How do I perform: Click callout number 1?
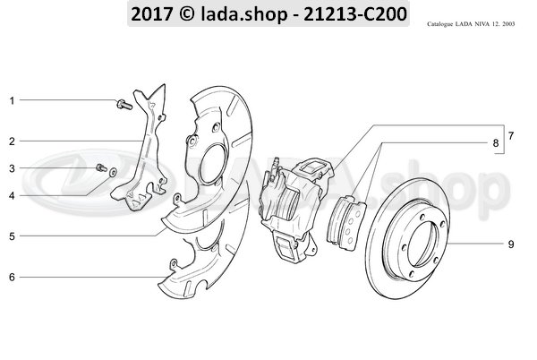[x=12, y=100]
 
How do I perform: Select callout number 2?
[x=12, y=141]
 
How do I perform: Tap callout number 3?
[x=12, y=168]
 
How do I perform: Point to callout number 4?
[x=12, y=195]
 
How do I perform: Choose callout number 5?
[x=12, y=236]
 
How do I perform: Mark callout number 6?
[x=12, y=277]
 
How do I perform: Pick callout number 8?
[x=495, y=143]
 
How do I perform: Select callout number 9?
[x=511, y=244]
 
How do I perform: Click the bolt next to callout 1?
[x=124, y=105]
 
